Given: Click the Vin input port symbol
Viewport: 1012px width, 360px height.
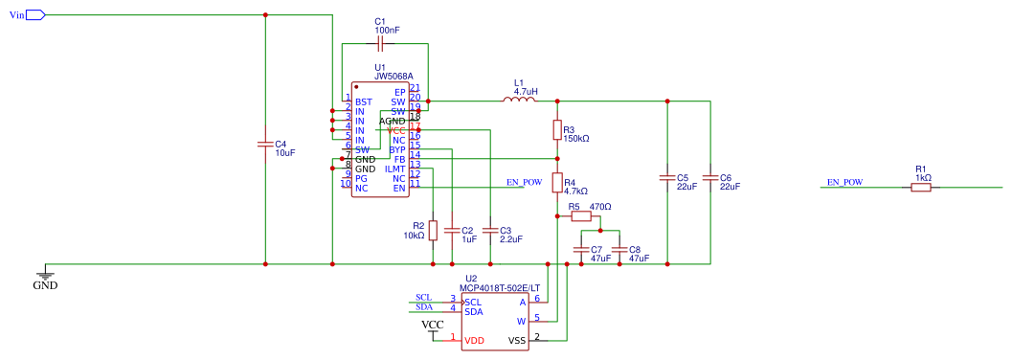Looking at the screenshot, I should click(x=34, y=15).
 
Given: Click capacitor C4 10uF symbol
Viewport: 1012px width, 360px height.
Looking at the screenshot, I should click(x=265, y=145).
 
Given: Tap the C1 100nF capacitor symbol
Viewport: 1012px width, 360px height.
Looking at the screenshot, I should click(x=380, y=44).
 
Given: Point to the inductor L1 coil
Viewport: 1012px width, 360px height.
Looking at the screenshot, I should click(x=519, y=100).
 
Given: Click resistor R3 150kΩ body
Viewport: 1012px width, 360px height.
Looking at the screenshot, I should click(x=557, y=130).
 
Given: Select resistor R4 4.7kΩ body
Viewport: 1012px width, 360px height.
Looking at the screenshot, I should click(x=557, y=182).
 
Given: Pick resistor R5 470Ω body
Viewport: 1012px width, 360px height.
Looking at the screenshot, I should click(x=581, y=217).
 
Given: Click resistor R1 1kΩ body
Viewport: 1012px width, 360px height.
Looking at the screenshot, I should click(x=920, y=188).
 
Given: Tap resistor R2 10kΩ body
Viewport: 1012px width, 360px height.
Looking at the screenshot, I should click(x=433, y=230).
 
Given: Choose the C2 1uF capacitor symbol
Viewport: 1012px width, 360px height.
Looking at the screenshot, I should click(x=453, y=231).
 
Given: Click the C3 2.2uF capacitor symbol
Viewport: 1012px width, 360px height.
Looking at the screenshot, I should click(x=490, y=231).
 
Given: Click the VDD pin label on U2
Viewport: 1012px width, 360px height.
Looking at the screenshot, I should click(x=474, y=340).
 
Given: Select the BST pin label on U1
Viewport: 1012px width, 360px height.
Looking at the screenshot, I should click(x=363, y=101).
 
